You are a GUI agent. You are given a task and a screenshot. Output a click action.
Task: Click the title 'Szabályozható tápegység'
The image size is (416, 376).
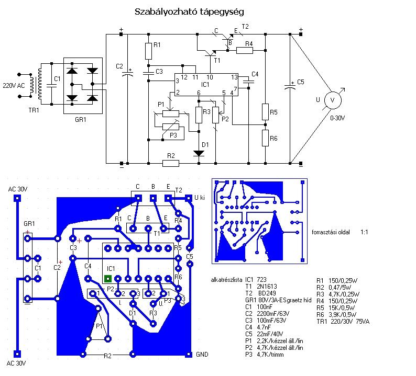click(189, 12)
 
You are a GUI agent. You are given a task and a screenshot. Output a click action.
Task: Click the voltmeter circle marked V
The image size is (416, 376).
click(333, 100)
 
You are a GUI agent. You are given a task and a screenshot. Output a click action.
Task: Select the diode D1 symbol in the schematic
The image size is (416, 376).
click(199, 153)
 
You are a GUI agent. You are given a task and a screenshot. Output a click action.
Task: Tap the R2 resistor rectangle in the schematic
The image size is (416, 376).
click(171, 163)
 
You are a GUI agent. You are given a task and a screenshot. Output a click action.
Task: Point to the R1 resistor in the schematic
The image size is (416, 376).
click(149, 51)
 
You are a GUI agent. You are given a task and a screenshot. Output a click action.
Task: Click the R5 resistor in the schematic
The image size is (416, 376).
click(265, 112)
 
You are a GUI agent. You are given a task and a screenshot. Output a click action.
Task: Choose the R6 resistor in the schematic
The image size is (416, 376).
click(265, 138)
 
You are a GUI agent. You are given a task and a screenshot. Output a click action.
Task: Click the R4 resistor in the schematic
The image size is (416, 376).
click(245, 50)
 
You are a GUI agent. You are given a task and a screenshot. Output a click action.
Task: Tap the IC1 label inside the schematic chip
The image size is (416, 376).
click(205, 85)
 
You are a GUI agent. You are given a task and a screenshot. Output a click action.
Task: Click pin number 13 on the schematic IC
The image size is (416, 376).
click(234, 77)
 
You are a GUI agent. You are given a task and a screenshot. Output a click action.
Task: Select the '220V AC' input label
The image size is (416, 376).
click(14, 86)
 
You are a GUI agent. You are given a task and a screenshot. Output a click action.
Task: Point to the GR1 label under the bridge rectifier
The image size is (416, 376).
click(80, 119)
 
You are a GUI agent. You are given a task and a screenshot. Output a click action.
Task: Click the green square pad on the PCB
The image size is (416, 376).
click(108, 279)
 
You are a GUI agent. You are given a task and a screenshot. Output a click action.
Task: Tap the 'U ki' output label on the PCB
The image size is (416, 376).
click(200, 198)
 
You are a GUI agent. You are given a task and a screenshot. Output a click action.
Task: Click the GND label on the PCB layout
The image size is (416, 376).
click(202, 354)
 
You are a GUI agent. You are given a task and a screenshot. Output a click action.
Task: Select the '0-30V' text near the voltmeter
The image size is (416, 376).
click(337, 118)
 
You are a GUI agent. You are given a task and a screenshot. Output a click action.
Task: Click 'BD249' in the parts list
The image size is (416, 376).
click(267, 293)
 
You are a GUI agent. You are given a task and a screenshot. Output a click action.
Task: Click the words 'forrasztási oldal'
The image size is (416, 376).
click(331, 232)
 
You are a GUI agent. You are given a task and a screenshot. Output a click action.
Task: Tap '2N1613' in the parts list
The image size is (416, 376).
click(267, 286)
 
